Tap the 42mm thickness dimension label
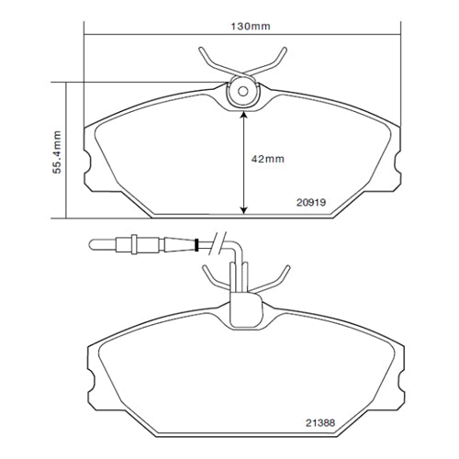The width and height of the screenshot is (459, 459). click(x=268, y=159)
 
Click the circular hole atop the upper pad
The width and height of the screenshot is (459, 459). click(x=243, y=92)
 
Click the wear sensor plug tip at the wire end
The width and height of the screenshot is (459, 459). click(x=94, y=244)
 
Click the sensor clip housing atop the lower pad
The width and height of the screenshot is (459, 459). click(x=243, y=308)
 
